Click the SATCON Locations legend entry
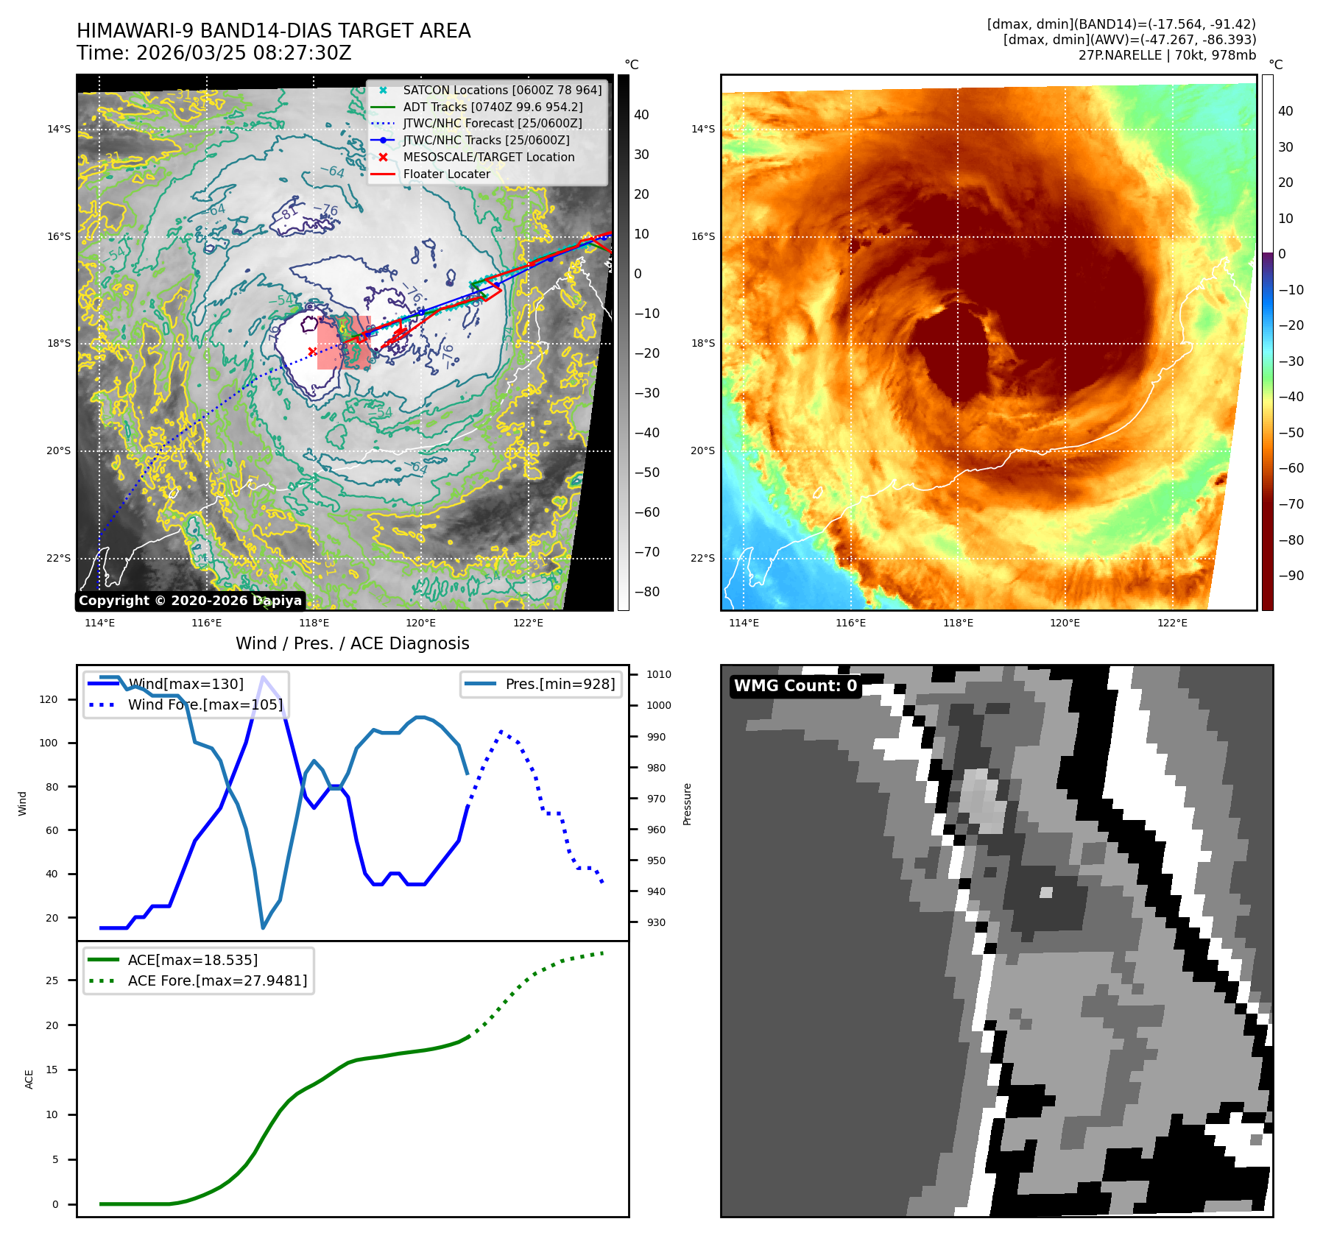pos(502,90)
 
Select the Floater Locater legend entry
pos(446,174)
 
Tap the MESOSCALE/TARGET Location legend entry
pos(488,157)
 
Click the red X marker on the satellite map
pos(312,351)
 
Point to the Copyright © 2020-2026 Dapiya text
pos(190,600)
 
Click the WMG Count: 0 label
pos(795,685)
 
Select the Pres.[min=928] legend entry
pos(560,684)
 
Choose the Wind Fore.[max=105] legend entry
pos(205,704)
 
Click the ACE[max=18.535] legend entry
pos(192,960)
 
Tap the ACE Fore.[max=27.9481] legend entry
pos(217,980)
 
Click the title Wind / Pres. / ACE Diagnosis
pos(352,643)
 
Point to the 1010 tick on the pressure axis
pos(658,674)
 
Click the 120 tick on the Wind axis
pos(49,699)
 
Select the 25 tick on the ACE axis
pos(52,980)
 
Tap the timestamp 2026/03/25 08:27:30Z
pos(244,53)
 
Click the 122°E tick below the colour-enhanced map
pos(1172,623)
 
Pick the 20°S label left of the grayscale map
pos(59,450)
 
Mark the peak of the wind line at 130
pos(263,676)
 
